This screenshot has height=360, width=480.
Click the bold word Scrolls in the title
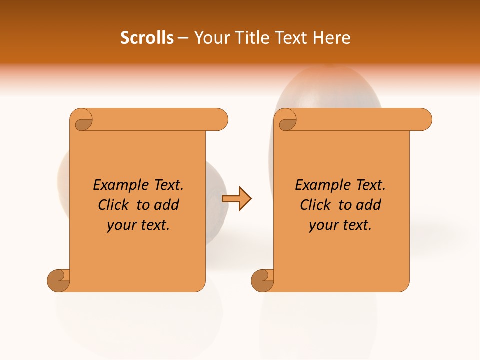point(147,38)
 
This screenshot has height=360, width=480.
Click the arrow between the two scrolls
point(236,199)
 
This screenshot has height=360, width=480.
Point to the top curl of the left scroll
point(82,120)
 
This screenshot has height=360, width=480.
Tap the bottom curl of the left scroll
point(59,280)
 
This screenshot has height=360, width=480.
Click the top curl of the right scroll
point(286,120)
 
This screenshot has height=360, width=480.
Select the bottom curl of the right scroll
point(262,280)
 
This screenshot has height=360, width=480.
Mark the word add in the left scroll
point(167,205)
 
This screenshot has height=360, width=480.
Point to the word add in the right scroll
point(369,205)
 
